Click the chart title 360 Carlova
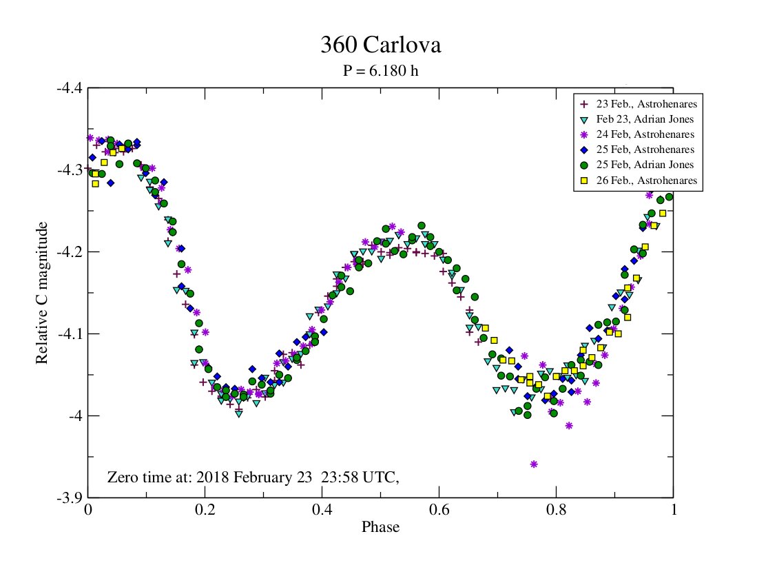click(x=380, y=45)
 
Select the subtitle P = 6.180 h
click(x=380, y=71)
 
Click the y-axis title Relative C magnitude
click(x=42, y=293)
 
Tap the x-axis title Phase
click(x=380, y=527)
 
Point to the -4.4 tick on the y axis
click(x=69, y=88)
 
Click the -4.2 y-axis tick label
click(x=69, y=252)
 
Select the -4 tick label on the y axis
click(x=74, y=415)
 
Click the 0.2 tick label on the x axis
click(x=205, y=511)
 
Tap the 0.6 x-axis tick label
click(x=439, y=511)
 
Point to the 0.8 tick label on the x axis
click(x=557, y=511)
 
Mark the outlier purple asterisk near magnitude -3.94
click(x=534, y=464)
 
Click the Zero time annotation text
click(x=253, y=477)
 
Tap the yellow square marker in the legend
click(x=584, y=181)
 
